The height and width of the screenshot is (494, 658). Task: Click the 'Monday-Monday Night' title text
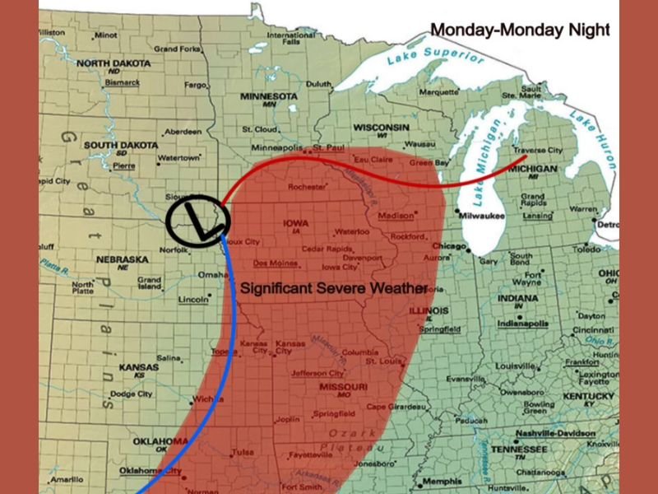tap(520, 30)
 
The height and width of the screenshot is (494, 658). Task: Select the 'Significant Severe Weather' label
tap(333, 289)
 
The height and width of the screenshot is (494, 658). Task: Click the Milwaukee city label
tap(480, 215)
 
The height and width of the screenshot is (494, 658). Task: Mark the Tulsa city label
tap(243, 452)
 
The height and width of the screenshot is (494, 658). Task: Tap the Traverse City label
tap(538, 151)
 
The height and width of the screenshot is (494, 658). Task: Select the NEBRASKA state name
tap(123, 259)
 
